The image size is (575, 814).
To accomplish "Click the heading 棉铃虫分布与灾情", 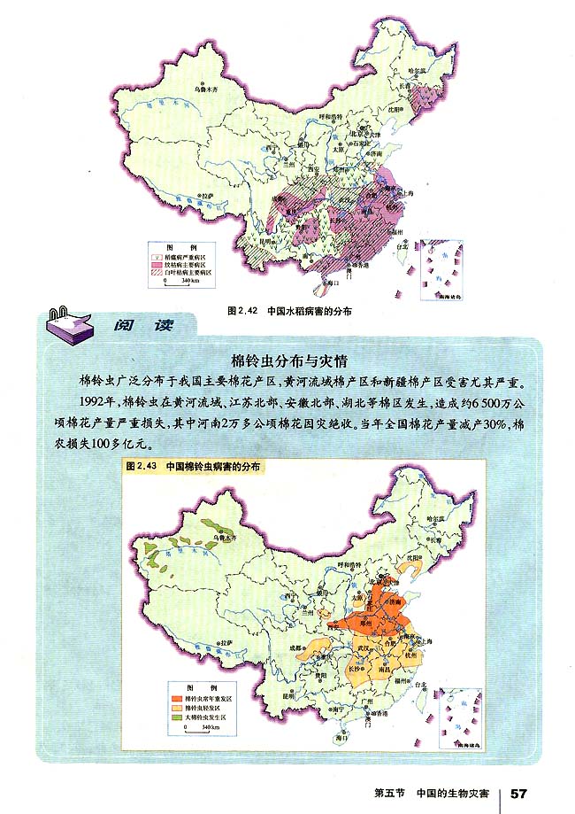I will click(x=287, y=362).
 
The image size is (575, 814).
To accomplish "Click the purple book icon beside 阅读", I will click(x=66, y=326).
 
